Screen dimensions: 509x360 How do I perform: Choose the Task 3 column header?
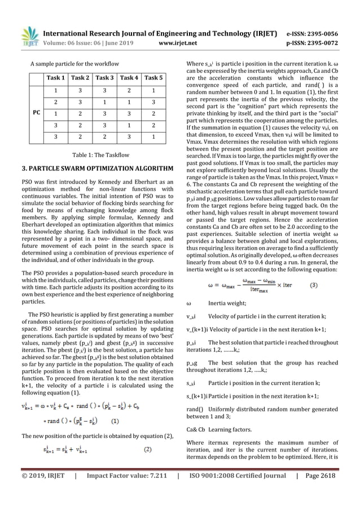pyautogui.click(x=107, y=78)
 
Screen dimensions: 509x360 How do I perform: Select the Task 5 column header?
pyautogui.click(x=153, y=78)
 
